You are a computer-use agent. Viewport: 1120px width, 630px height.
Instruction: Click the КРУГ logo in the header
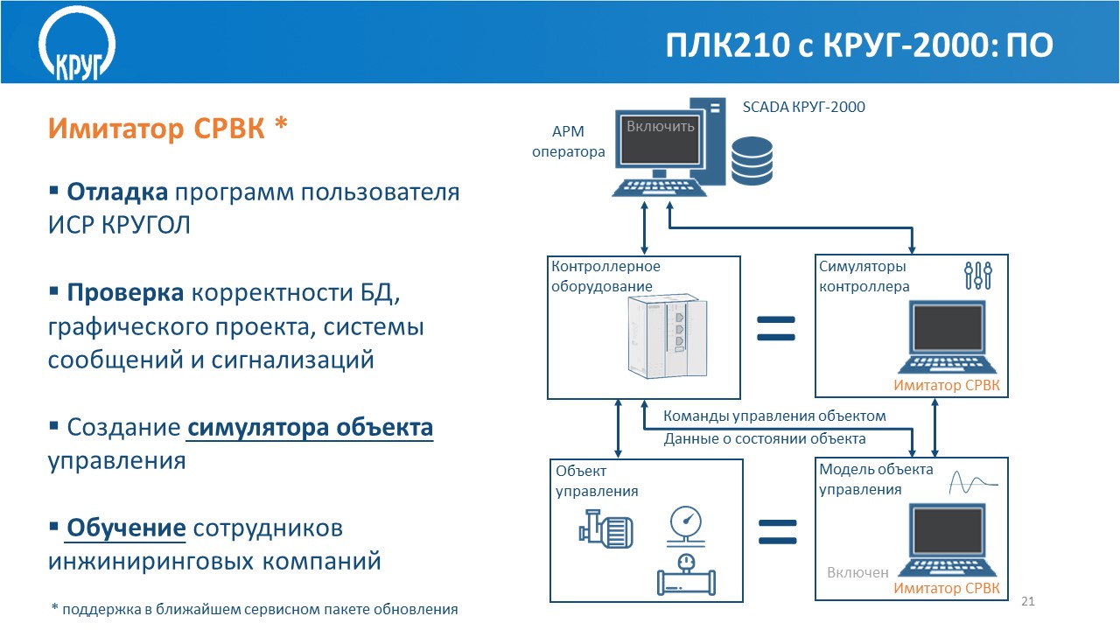coord(77,44)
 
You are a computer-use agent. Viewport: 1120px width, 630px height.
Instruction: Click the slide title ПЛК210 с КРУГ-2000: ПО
coord(859,45)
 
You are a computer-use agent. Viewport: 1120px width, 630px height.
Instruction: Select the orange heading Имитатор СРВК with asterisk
coord(168,128)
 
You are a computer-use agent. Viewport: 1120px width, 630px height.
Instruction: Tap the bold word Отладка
coord(117,192)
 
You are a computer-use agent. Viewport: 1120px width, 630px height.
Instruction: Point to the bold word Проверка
coord(125,293)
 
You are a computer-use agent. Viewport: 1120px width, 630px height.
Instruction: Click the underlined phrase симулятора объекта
coord(310,428)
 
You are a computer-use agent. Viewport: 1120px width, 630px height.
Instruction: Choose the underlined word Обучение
coord(126,528)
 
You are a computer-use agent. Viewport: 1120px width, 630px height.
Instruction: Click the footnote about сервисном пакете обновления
coord(255,609)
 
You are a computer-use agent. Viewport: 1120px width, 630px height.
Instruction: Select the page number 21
coord(1028,601)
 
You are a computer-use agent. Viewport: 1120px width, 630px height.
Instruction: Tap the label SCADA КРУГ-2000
coord(803,107)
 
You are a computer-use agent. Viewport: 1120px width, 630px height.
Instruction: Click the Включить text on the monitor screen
coord(661,126)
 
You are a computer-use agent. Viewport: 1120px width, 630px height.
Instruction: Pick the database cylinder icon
coord(752,160)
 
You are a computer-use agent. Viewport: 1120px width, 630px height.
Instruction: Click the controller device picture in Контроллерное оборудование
coord(668,337)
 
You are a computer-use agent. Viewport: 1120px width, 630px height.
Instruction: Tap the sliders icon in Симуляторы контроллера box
coord(978,276)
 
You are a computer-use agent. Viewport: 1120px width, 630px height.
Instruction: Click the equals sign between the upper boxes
coord(776,328)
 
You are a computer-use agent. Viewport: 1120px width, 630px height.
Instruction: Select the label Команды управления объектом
coord(774,416)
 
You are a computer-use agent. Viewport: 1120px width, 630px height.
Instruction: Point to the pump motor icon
coord(606,529)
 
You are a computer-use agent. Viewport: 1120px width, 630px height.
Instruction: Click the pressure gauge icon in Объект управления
coord(686,526)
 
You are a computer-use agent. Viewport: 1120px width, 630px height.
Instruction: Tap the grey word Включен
coord(857,572)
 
